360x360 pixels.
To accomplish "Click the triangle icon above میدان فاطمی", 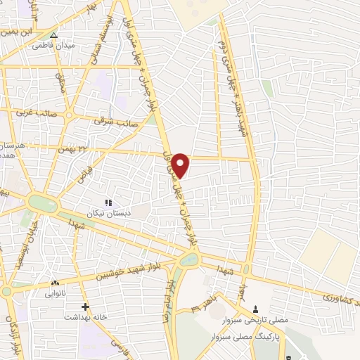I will [x=54, y=34].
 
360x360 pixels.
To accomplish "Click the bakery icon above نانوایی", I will [x=55, y=283].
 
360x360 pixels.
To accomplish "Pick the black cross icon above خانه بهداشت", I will [x=85, y=307].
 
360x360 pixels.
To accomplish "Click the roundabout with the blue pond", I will [x=188, y=261].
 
